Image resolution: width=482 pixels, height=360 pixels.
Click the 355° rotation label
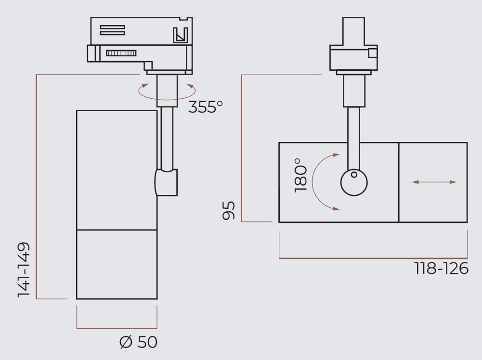coord(206,106)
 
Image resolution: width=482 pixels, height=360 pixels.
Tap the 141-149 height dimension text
coord(24,270)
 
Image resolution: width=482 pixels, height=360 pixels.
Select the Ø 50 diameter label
coord(139,342)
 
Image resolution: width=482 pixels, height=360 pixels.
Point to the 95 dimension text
coord(229,210)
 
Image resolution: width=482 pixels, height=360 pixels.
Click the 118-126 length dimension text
coord(441,269)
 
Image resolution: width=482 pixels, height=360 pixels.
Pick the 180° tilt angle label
coord(300,175)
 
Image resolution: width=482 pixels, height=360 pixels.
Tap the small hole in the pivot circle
coord(354,174)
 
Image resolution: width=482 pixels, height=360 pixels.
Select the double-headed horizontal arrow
coord(434,182)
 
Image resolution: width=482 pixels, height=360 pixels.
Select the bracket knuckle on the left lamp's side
coord(166,182)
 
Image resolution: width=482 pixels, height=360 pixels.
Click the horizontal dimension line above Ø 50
coord(117,328)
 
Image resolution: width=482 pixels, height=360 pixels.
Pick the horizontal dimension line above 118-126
coord(373,258)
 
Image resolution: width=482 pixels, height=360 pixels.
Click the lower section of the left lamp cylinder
coord(117,264)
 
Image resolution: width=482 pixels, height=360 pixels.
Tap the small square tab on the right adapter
coord(373,52)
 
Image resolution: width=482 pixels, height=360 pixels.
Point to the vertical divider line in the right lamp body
coord(399,182)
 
